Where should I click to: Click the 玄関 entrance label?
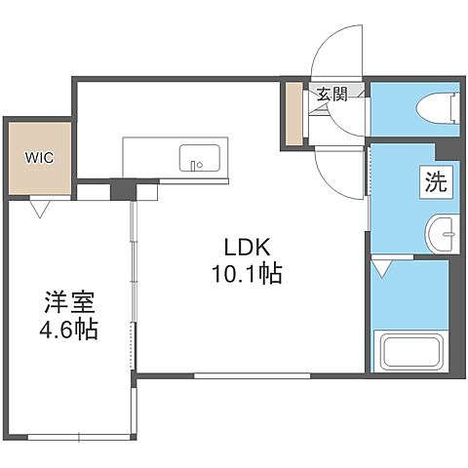331,95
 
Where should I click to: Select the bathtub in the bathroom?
409,351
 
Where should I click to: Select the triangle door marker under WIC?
40,207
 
